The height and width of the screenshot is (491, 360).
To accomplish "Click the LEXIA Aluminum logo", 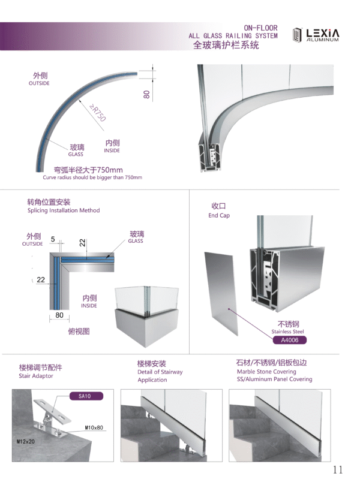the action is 316,35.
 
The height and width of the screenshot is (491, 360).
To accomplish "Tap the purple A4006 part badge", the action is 290,340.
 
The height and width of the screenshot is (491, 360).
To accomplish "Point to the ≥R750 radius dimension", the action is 97,113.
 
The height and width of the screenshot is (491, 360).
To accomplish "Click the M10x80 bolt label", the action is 94,427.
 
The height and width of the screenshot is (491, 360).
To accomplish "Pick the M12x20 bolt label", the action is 26,441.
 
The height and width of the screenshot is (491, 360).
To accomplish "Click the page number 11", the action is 338,469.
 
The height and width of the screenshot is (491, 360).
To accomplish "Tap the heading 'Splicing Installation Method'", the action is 64,210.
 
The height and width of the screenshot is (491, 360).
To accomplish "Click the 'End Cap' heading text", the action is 219,215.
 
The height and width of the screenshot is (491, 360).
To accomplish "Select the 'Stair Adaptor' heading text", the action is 36,376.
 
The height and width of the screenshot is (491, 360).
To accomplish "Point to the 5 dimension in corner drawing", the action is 53,239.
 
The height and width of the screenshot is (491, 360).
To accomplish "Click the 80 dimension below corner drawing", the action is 59,315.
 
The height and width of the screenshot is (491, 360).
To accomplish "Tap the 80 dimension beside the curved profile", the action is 146,94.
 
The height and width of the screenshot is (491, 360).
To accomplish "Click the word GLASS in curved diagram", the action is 76,154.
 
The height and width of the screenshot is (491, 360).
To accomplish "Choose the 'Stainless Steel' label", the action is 287,332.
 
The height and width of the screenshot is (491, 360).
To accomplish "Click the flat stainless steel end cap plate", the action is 221,293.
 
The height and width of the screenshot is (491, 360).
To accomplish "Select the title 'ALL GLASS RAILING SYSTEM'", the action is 233,36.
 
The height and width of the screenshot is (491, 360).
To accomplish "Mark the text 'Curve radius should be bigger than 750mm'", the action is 92,177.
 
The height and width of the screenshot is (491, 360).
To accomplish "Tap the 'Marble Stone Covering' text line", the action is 266,371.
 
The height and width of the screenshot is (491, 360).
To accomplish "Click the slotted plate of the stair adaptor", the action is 52,410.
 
